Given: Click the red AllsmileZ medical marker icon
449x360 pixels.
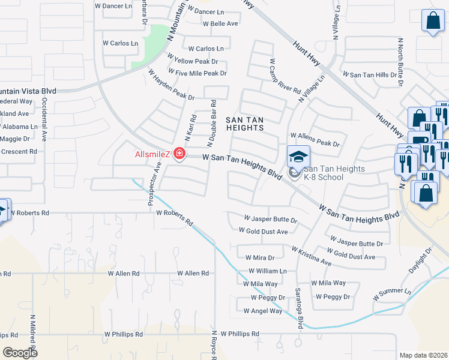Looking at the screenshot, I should point(178,154).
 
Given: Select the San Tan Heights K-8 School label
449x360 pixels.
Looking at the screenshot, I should point(334,173).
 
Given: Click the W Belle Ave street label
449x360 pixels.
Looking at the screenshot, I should point(220,24).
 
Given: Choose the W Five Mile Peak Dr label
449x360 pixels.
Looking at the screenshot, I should point(197,73).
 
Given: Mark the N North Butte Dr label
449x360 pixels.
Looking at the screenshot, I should point(400,57).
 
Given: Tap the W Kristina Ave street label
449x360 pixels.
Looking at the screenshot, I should point(312,256).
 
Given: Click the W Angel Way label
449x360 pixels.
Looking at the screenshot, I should point(262,311).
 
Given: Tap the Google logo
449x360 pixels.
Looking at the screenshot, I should point(20,353).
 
